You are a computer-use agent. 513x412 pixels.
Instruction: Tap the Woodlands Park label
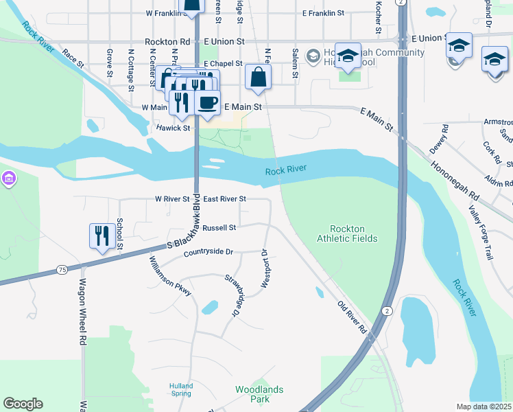coord(259,394)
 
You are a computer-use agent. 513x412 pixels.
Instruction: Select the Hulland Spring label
coord(181,390)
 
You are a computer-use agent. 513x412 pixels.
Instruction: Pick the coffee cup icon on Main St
coord(207,103)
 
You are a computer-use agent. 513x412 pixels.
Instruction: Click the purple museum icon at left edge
coord(8,179)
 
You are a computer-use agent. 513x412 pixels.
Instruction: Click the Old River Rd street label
coord(353,317)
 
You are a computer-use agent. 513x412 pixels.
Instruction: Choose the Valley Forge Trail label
coord(480,232)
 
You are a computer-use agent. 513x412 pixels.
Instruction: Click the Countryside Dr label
coord(208,253)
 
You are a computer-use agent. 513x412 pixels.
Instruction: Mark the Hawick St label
coord(172,128)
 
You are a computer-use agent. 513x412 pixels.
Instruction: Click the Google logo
coord(23,404)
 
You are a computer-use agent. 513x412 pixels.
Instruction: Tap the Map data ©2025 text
coord(484,407)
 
